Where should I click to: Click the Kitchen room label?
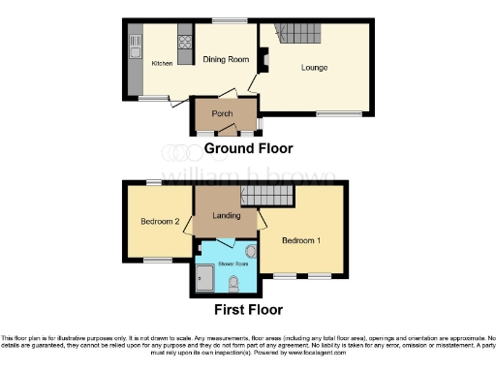[162, 63]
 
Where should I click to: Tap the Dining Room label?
[226, 60]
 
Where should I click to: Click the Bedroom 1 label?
[301, 239]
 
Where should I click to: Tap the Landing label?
[226, 215]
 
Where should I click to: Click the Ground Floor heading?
[248, 149]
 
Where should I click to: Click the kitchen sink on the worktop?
[135, 45]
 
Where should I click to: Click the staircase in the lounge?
[294, 35]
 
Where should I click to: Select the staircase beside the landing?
[265, 197]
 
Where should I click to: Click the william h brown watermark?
[248, 176]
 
